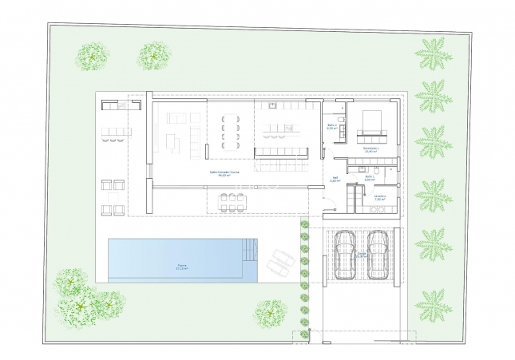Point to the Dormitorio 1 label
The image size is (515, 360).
[x=371, y=148]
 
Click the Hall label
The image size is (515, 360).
[x=335, y=180]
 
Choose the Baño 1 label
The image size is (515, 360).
[x=370, y=180]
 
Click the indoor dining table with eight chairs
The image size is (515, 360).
[x=233, y=129]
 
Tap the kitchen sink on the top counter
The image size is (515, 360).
[x=275, y=106]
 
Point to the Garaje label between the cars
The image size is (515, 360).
[x=362, y=255]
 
